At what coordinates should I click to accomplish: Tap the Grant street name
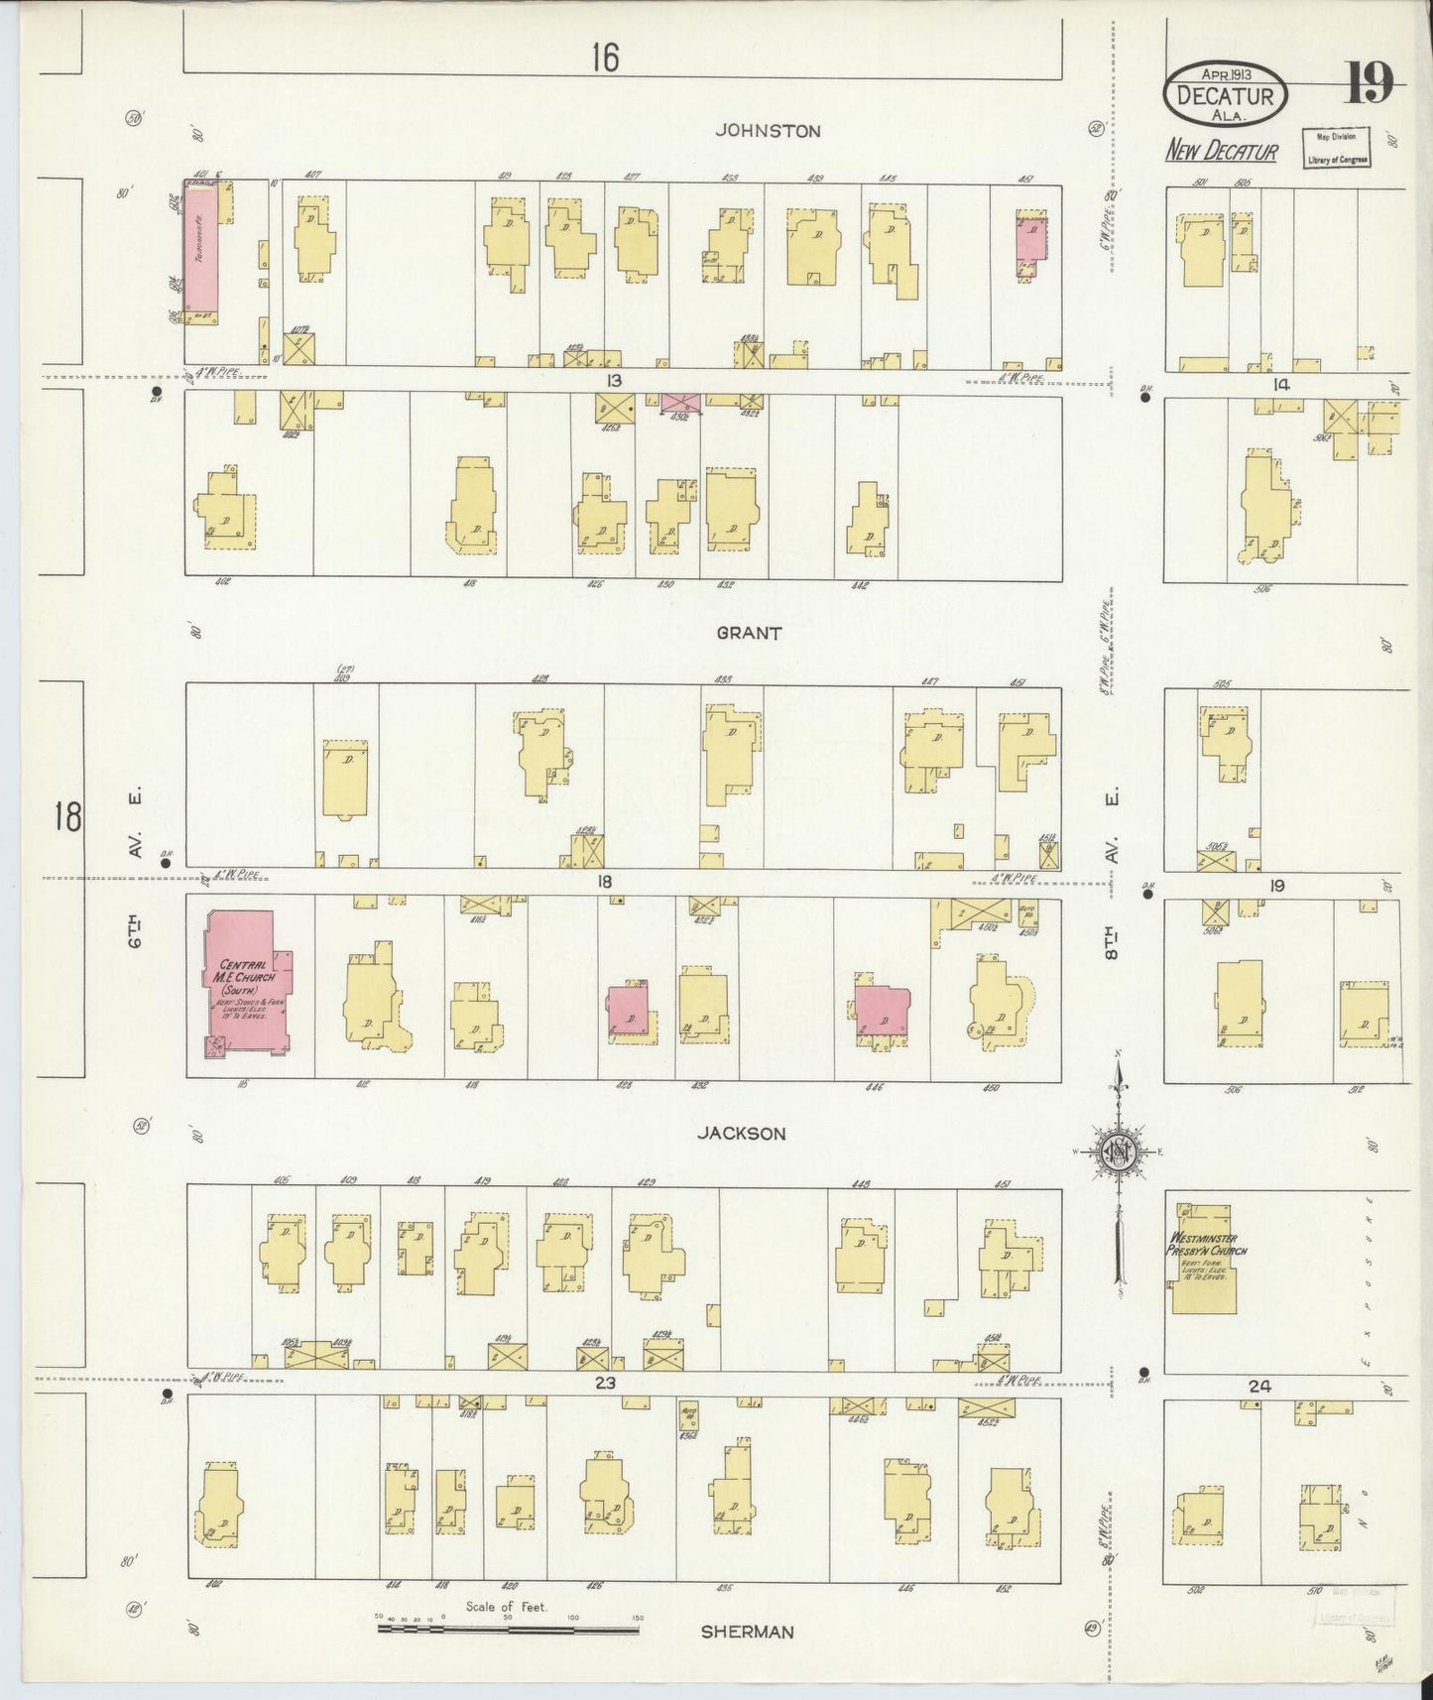click(x=751, y=633)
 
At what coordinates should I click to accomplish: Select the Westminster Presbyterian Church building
click(x=1202, y=1258)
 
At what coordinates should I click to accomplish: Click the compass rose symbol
click(x=1118, y=1151)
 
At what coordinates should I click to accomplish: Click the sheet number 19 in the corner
click(x=1369, y=83)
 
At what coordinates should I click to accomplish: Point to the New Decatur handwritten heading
click(x=1221, y=151)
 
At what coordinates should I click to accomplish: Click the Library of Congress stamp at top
click(x=1335, y=149)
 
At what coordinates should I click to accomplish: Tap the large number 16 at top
click(x=605, y=59)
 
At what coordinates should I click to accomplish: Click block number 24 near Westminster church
click(x=1258, y=1387)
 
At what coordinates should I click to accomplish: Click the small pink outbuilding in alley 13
click(x=681, y=402)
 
